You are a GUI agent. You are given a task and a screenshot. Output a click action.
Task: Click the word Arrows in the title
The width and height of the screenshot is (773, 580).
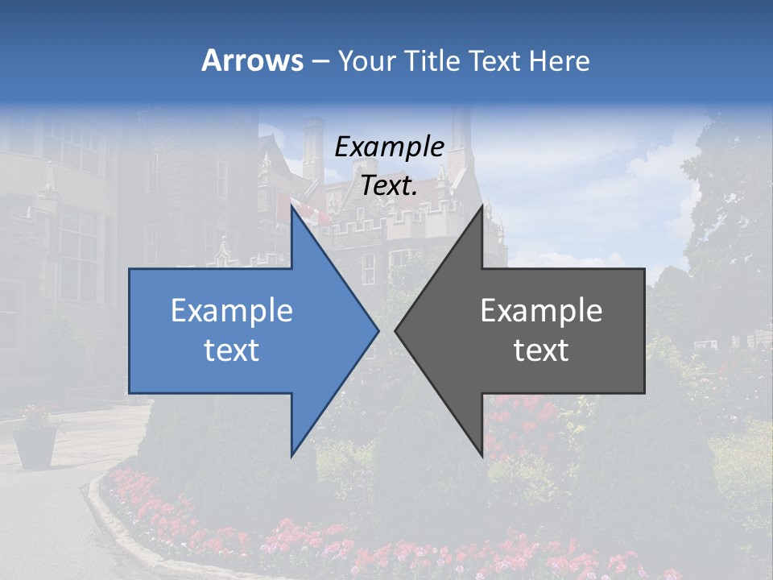coord(252,60)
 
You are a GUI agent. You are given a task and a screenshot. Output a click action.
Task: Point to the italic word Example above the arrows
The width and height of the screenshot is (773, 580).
coord(389,147)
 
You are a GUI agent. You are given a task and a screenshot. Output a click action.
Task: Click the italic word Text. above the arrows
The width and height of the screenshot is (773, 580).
coord(389,186)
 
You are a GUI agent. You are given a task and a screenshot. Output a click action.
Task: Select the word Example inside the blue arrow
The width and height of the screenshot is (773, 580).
coord(231,310)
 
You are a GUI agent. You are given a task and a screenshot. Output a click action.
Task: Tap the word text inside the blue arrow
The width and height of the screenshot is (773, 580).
coord(231,350)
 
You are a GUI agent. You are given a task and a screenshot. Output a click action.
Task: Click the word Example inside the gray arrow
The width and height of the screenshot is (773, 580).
coord(541,310)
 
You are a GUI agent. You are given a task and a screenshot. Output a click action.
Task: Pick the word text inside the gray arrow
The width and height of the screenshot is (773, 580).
coord(541,350)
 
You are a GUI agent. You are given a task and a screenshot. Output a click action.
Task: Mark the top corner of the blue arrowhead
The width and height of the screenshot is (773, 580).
coord(291,207)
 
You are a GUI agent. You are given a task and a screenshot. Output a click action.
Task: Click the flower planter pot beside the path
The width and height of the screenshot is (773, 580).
coord(35,445)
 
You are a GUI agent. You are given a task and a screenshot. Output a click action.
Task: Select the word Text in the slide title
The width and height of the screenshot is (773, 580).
coord(494,60)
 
